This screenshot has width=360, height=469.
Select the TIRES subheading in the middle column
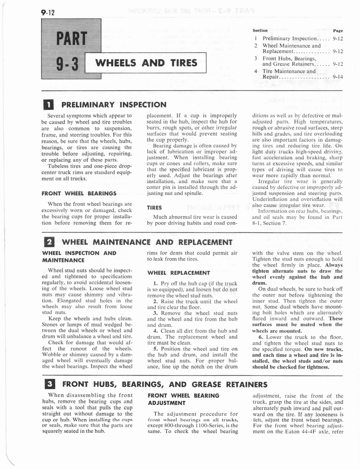coord(154,207)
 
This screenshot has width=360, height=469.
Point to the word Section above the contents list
coord(260,31)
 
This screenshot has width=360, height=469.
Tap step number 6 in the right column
coord(260,337)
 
